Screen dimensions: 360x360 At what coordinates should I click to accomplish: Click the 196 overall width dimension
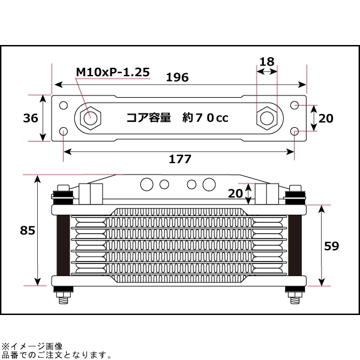178,77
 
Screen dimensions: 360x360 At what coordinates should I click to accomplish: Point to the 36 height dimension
30,118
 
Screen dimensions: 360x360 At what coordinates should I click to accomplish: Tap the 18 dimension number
268,61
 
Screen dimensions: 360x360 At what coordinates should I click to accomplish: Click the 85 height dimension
27,230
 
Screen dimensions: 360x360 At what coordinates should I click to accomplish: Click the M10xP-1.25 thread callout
112,72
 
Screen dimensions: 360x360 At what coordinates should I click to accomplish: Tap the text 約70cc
205,118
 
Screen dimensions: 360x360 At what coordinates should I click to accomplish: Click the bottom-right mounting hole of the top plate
294,131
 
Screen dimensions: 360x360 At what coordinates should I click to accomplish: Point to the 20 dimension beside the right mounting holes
325,118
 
